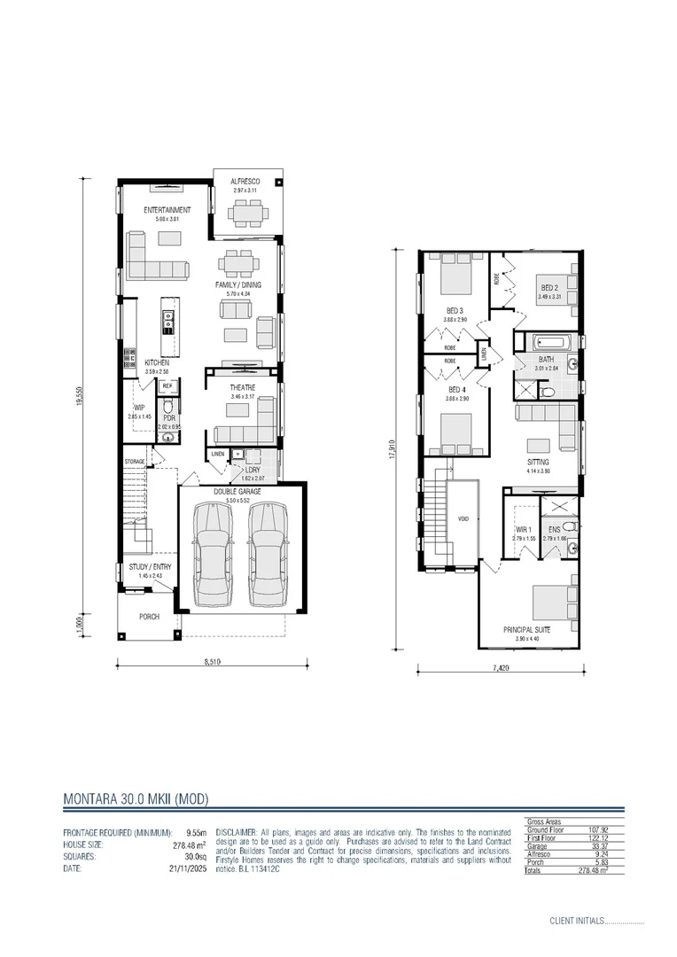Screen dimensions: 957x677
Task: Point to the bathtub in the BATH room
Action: click(x=545, y=344)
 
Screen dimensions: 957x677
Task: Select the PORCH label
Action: click(x=149, y=617)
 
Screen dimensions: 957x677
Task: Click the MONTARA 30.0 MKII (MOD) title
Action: click(x=136, y=798)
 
